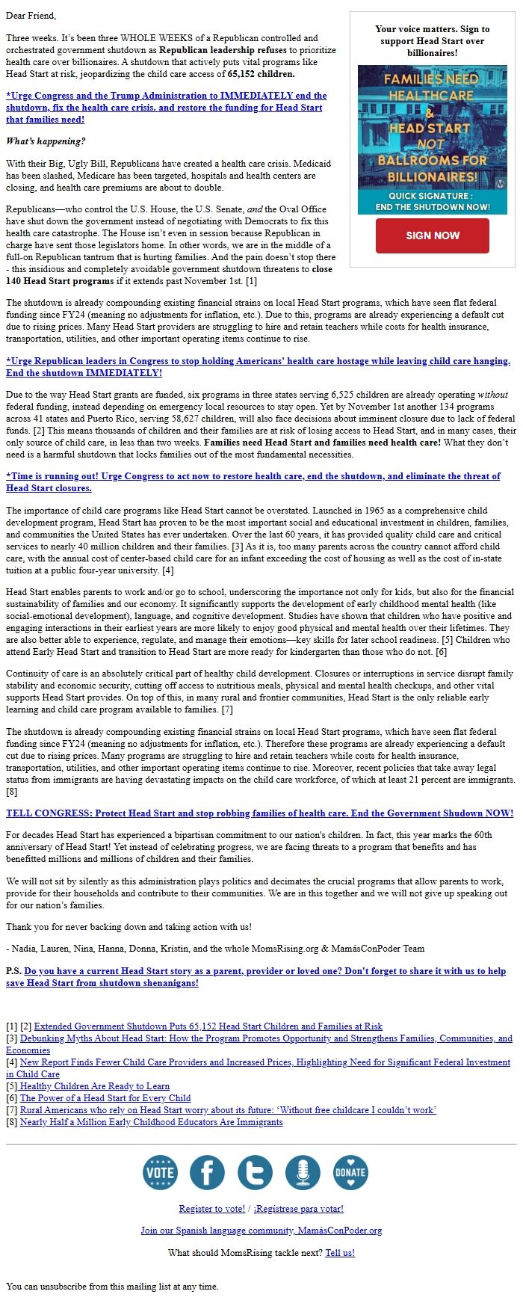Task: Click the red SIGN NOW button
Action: [x=432, y=235]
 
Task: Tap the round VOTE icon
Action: [x=160, y=1172]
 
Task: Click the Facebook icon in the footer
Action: [x=207, y=1172]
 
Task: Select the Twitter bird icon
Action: [x=255, y=1172]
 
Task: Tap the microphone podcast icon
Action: [x=303, y=1172]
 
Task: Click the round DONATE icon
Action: [x=350, y=1172]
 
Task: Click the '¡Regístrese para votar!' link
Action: [x=298, y=1209]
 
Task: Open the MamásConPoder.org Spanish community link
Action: [x=261, y=1231]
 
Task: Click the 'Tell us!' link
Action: [x=340, y=1252]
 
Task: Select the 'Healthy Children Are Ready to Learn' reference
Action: [x=95, y=1086]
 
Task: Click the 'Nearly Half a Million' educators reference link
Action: [x=151, y=1122]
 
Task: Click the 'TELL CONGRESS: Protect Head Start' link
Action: [x=259, y=813]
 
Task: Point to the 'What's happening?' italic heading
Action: [x=46, y=141]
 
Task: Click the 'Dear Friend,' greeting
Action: [x=31, y=16]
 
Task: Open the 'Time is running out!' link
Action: [x=253, y=476]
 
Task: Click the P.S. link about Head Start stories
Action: [x=264, y=972]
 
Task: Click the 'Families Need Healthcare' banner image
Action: [x=432, y=140]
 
